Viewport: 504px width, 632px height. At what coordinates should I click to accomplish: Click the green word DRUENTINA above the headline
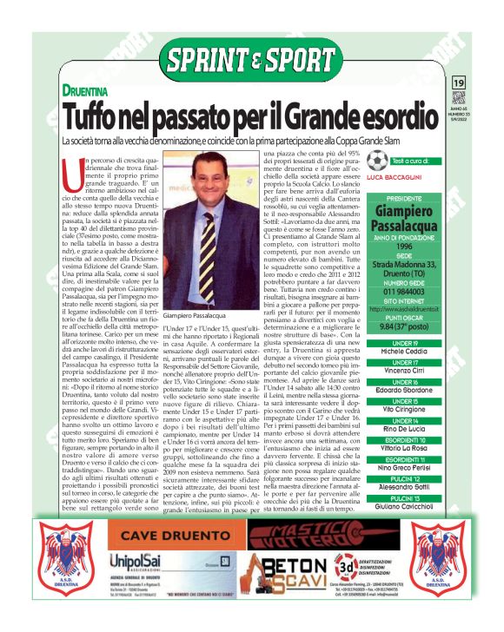tap(88, 89)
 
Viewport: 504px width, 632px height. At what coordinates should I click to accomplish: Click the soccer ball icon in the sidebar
tap(376, 161)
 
